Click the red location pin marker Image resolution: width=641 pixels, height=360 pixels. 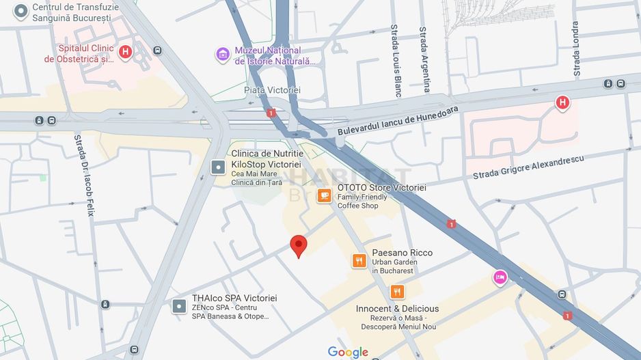[298, 245]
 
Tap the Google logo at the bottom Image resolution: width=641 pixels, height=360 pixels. [348, 352]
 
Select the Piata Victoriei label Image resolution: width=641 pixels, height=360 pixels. [272, 90]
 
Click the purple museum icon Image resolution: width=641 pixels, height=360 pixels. [223, 55]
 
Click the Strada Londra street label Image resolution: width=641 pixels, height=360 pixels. [576, 49]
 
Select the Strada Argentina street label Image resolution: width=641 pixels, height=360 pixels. [424, 59]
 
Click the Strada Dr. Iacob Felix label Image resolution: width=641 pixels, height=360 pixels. [83, 176]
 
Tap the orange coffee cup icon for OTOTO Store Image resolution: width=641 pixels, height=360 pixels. [324, 196]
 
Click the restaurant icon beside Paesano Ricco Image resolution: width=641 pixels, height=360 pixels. [359, 261]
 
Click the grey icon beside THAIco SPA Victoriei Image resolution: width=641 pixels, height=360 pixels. [179, 306]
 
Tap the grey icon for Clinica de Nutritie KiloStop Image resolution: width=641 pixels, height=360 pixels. [217, 167]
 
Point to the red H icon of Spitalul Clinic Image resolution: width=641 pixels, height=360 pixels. [125, 51]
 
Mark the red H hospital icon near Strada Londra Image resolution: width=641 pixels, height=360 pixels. [562, 103]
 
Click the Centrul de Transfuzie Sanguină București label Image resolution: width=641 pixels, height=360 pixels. [75, 12]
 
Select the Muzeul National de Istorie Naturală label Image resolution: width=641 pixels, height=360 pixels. [276, 55]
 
